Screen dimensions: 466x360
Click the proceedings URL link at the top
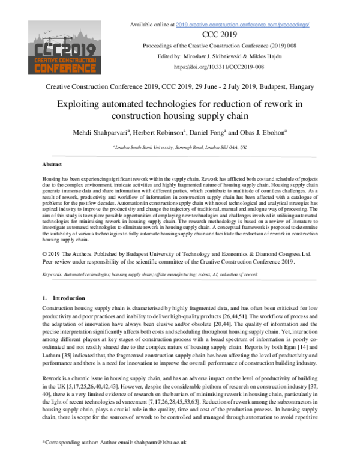242,25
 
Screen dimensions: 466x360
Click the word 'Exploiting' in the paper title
95,104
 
